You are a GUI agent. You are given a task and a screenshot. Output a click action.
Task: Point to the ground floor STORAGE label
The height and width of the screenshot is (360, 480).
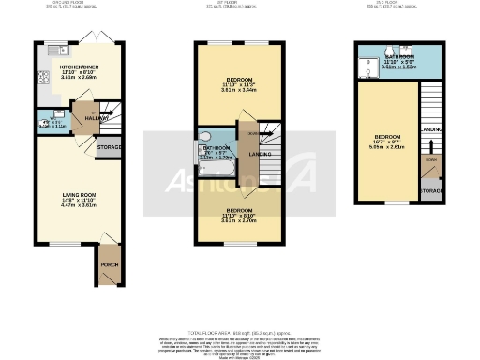point(110,147)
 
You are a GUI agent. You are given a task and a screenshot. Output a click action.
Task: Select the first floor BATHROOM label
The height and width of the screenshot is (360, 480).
point(217,148)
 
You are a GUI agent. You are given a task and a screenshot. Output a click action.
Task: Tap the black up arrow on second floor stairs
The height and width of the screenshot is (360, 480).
point(430,146)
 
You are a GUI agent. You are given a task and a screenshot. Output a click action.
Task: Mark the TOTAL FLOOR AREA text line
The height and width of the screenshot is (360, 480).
point(240,333)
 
